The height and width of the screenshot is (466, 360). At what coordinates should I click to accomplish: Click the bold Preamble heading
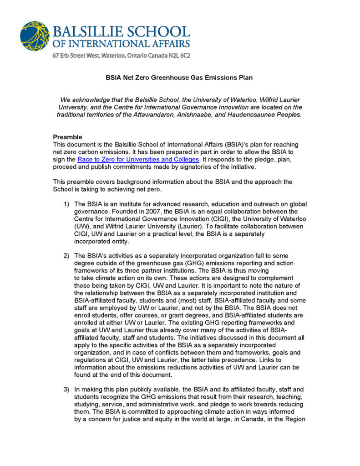tap(67, 137)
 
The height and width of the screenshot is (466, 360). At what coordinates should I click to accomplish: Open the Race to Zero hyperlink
tap(138, 159)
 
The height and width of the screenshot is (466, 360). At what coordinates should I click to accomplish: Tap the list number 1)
tap(66, 203)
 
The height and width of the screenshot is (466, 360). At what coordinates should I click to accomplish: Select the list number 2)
tap(66, 256)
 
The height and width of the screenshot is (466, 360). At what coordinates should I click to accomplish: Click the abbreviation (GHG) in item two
tap(198, 263)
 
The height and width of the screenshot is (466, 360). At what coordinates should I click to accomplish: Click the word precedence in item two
tap(253, 360)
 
